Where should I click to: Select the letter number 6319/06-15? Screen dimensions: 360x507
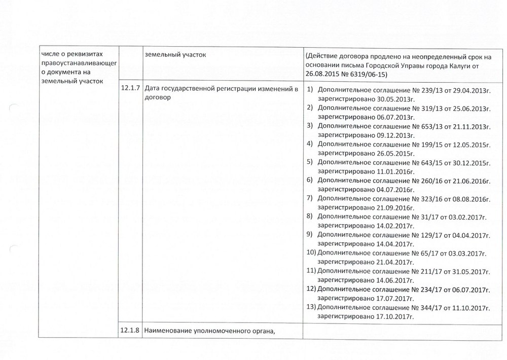367,75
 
